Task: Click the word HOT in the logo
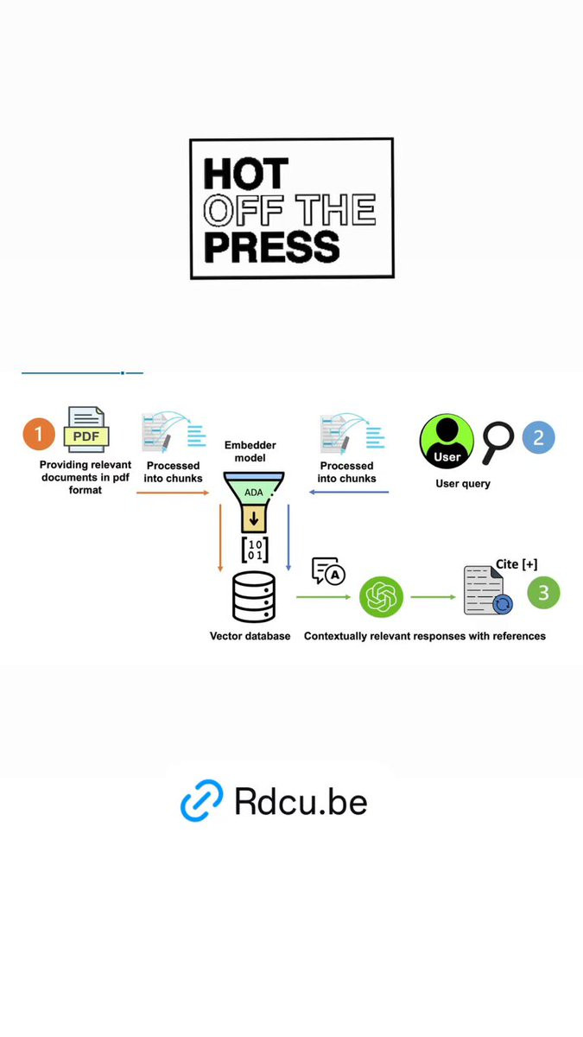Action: [245, 173]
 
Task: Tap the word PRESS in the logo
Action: [272, 247]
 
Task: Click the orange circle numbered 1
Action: [39, 434]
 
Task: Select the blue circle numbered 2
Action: [539, 437]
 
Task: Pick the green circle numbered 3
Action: [543, 592]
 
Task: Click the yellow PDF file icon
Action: [86, 429]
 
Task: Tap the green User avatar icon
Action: [447, 442]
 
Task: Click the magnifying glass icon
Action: [497, 442]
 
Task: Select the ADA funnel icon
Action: [254, 502]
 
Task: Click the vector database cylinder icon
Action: [254, 597]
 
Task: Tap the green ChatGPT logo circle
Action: [381, 597]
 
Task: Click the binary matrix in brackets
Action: [255, 550]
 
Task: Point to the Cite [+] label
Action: [516, 563]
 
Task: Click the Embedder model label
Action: [250, 451]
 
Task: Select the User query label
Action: [463, 484]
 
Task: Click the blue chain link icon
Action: [202, 800]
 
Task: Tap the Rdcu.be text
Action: [301, 801]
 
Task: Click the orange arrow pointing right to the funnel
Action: [173, 493]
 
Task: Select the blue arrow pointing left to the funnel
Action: [349, 492]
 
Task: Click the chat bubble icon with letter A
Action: [328, 571]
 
